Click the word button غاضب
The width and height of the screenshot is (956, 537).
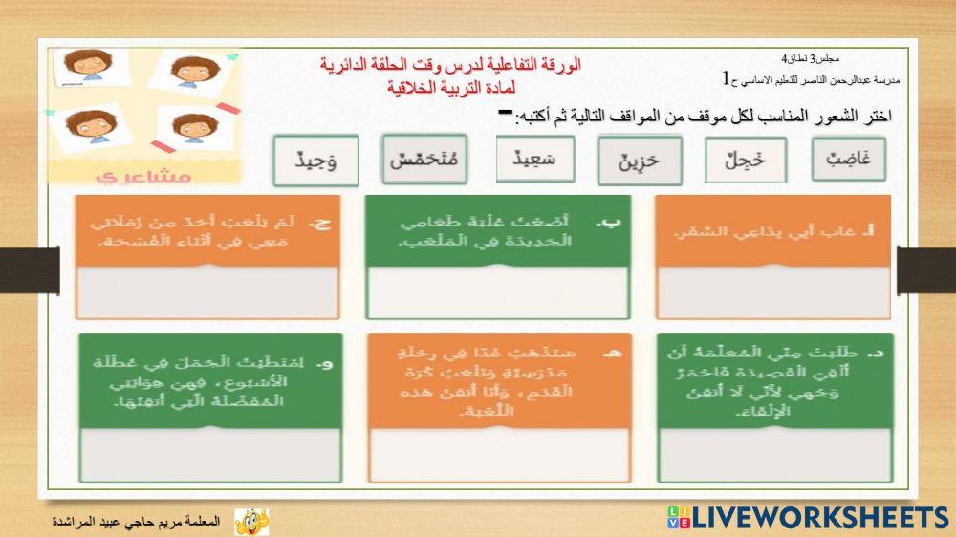[848, 160]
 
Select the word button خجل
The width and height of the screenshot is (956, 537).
[746, 161]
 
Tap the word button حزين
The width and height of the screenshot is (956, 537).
[638, 161]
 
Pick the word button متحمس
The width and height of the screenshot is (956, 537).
[424, 160]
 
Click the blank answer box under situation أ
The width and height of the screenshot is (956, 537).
[772, 291]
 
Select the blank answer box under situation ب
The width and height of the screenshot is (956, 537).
[497, 291]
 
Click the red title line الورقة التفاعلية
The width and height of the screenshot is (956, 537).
[450, 65]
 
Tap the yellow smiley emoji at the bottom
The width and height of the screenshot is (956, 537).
[251, 521]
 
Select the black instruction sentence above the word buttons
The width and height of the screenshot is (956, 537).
[704, 117]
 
